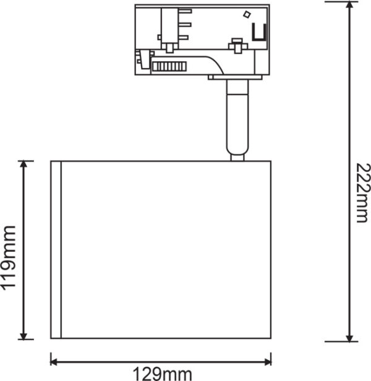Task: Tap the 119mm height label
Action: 9,258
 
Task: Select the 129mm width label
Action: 162,374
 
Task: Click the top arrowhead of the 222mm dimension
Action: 349,6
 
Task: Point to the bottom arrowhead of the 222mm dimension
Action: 349,338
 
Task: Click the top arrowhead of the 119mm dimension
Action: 23,165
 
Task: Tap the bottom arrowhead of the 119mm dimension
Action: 23,335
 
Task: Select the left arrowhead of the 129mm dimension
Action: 54,362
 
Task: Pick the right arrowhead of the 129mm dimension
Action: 268,362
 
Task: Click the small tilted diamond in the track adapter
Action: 247,14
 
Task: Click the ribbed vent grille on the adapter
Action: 169,66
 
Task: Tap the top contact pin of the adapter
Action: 185,11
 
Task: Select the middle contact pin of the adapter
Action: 185,25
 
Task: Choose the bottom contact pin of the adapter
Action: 184,38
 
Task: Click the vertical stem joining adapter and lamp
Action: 237,117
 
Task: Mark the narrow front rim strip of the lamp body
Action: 56,249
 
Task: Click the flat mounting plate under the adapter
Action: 235,77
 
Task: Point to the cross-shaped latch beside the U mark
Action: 237,45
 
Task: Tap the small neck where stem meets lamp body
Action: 237,158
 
